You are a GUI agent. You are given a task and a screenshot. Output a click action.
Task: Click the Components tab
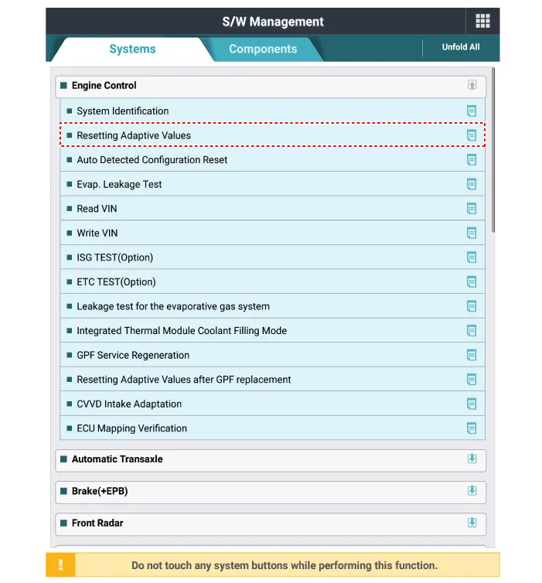263,49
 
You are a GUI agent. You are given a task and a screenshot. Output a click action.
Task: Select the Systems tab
132,49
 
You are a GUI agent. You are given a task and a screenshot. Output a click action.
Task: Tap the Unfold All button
460,47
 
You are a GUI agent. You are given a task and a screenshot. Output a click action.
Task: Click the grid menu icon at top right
482,22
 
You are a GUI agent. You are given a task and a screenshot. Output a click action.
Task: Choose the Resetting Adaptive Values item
134,135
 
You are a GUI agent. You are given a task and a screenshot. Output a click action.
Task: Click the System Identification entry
122,111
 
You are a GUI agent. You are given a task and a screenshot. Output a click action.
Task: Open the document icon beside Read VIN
472,209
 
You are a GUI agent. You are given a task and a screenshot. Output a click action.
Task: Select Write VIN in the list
97,233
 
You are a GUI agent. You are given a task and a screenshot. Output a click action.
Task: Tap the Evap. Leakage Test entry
119,184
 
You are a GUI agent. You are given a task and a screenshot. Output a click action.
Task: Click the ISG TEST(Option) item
114,257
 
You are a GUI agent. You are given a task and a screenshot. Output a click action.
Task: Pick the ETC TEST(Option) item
116,282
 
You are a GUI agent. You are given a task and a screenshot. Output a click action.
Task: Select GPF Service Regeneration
133,355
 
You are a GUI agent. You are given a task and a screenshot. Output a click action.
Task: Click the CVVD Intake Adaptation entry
129,404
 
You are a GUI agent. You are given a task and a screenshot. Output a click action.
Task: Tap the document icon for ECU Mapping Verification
472,428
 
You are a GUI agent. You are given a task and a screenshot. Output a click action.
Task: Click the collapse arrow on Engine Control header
472,86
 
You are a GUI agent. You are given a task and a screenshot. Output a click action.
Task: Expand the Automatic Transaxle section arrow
472,459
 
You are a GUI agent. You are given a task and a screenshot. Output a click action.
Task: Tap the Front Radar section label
97,523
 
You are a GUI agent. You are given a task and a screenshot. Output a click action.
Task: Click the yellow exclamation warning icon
60,565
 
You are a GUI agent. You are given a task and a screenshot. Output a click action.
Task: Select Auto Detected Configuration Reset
152,160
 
